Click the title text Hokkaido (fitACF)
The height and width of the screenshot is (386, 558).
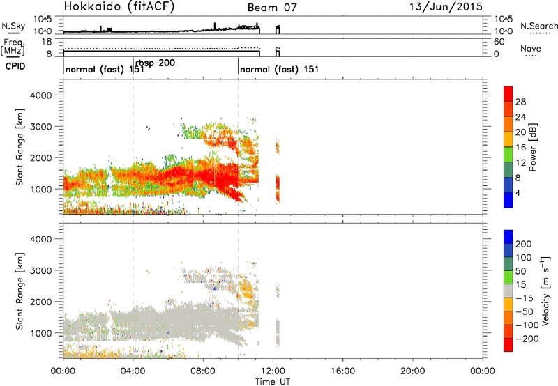[119, 7]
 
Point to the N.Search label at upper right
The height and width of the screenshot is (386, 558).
[538, 26]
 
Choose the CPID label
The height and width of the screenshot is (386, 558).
[14, 67]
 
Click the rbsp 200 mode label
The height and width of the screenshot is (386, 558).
[155, 63]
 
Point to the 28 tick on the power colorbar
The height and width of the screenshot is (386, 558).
[520, 101]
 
